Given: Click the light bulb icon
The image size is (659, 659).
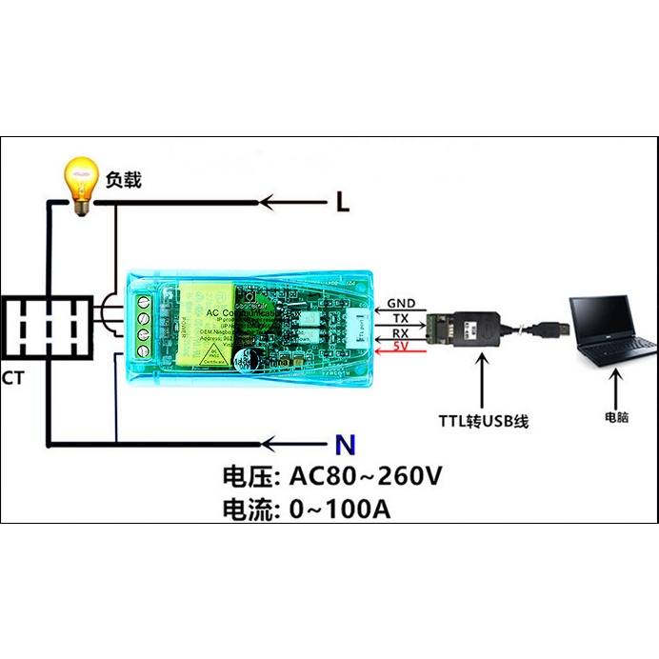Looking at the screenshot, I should click(x=81, y=181).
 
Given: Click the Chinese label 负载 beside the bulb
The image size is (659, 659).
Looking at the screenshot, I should click(x=124, y=178).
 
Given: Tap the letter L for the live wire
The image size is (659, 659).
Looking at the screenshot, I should click(x=343, y=202).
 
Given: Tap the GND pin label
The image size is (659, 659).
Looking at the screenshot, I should click(x=401, y=305).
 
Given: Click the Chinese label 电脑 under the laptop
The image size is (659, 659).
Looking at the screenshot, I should click(x=616, y=417).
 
